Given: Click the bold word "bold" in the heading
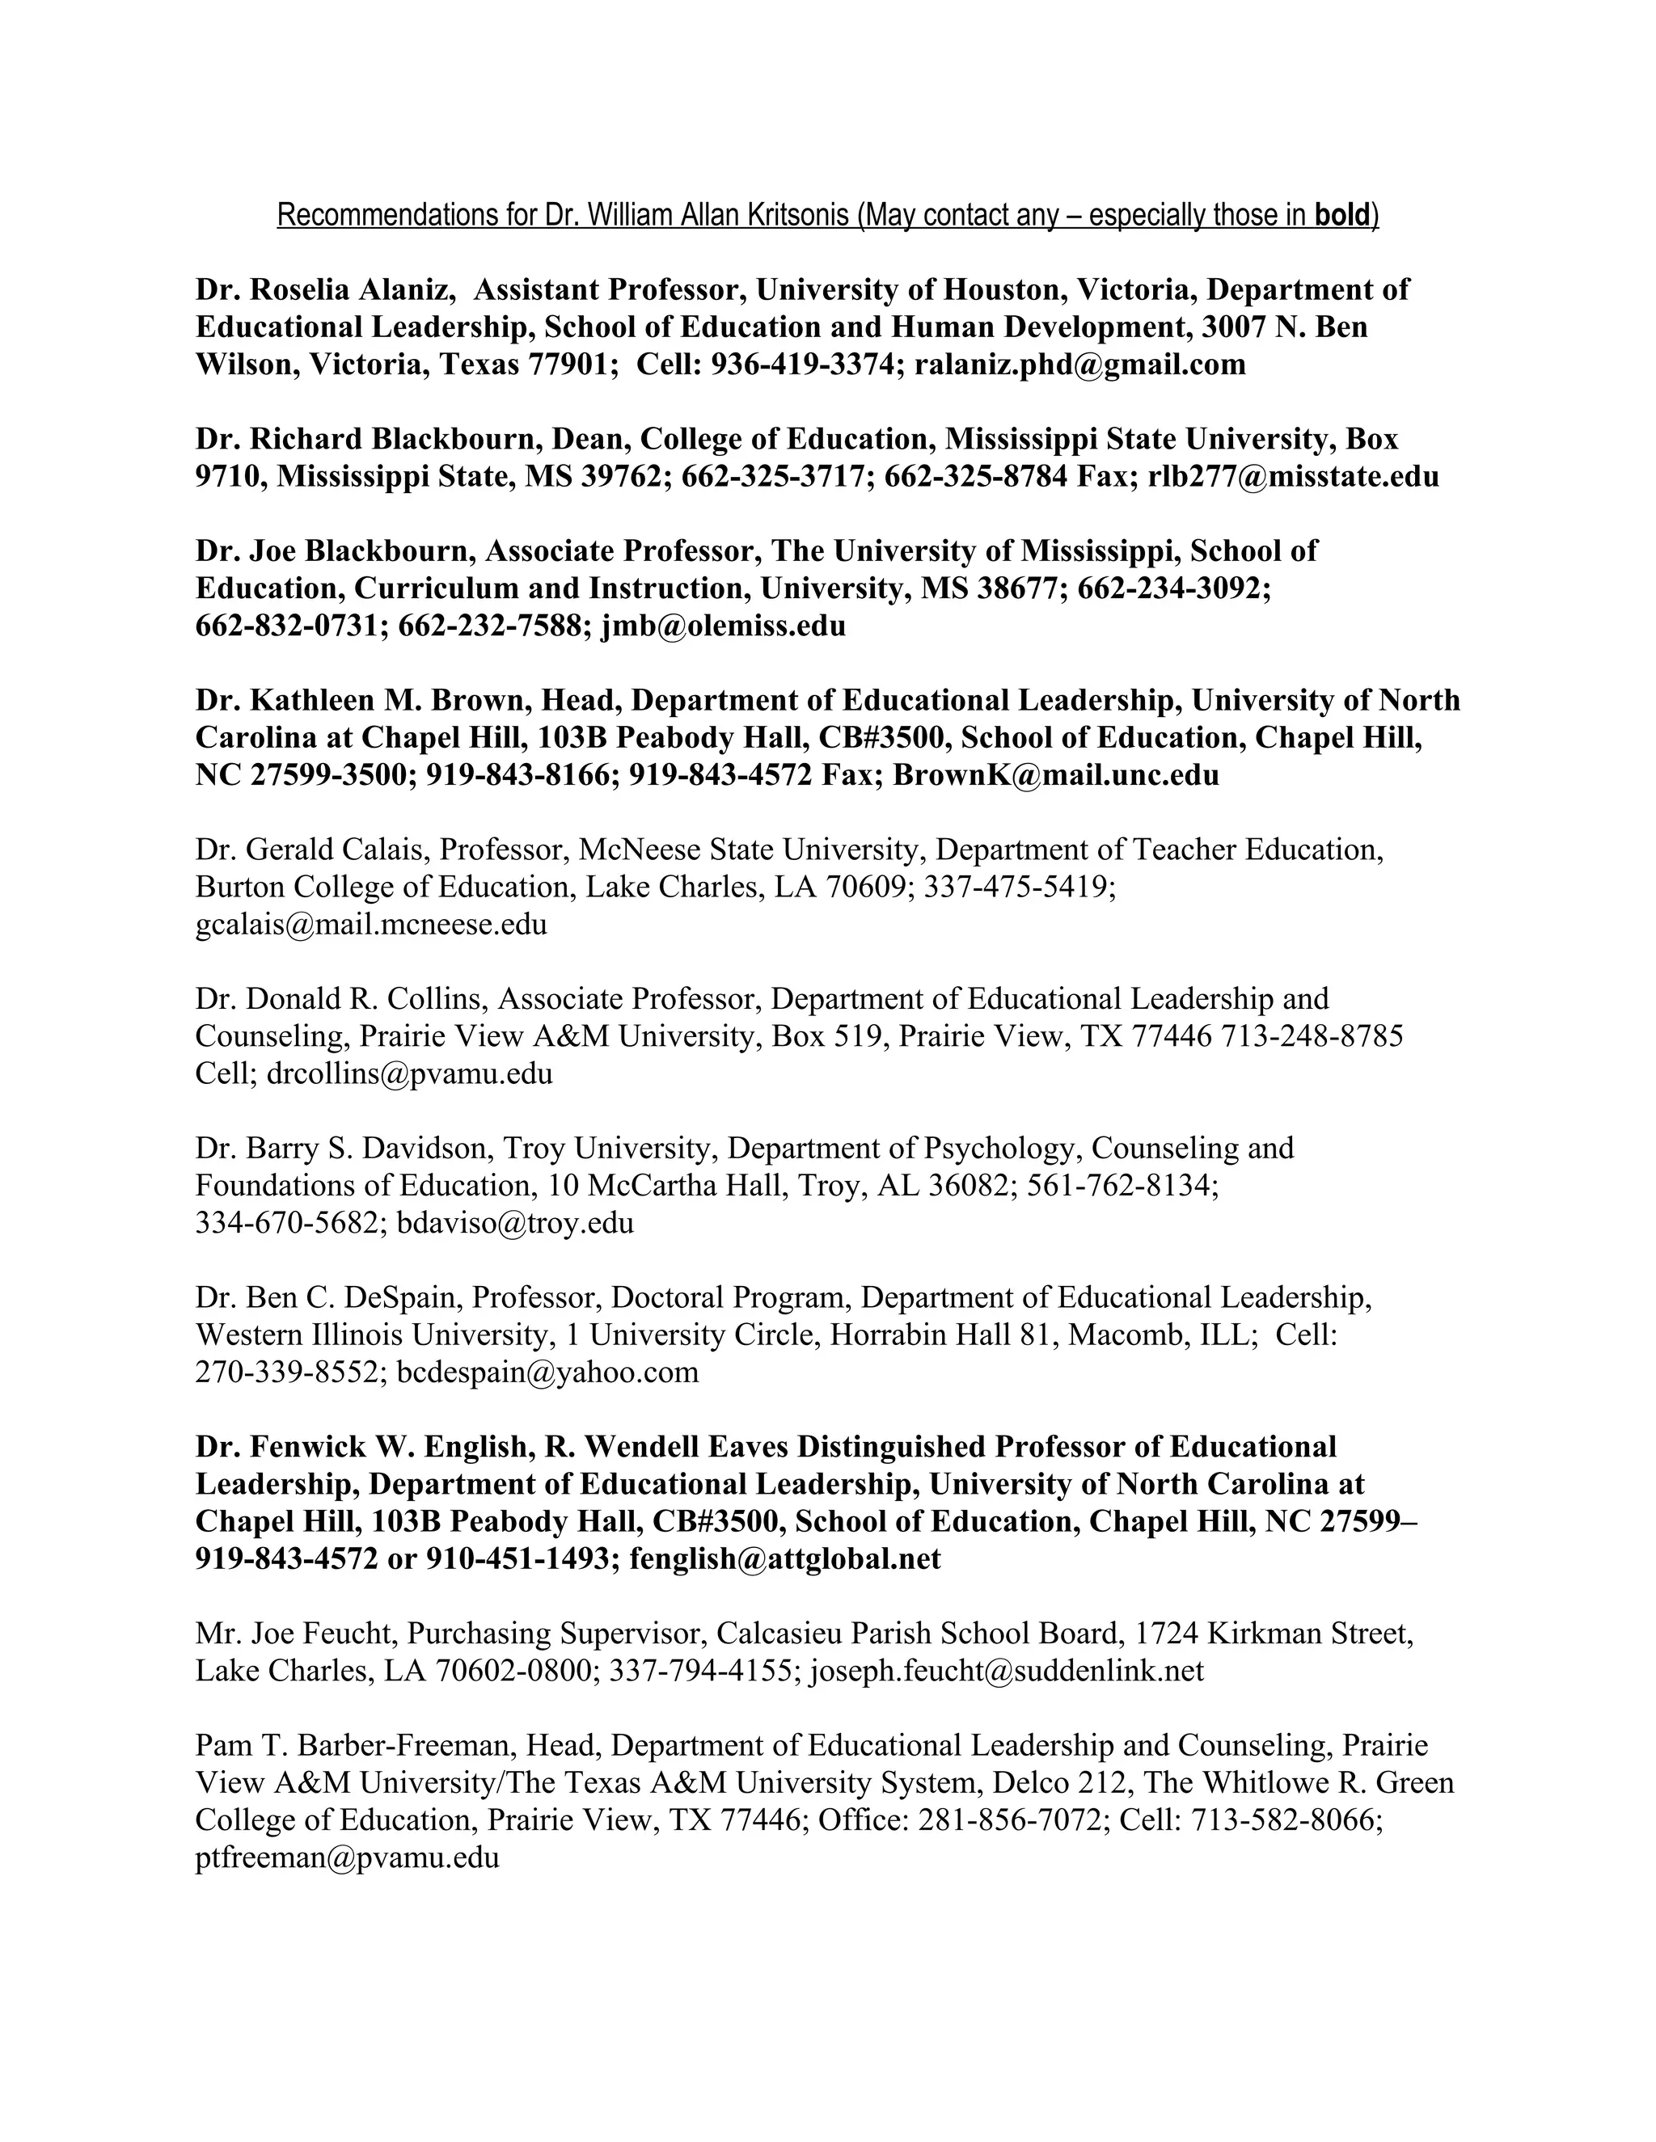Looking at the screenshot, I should point(1342,215).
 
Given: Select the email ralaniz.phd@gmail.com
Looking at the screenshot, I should point(1080,365).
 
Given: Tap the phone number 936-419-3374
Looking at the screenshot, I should point(804,365).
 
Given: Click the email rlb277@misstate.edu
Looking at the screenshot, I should point(1293,477).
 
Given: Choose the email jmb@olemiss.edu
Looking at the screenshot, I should point(723,626).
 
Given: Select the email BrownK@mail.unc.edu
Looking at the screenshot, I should point(1055,775).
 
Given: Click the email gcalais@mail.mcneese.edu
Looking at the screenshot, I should point(371,924).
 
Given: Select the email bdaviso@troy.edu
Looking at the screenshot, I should point(515,1223).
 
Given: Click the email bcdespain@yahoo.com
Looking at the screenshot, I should point(547,1372).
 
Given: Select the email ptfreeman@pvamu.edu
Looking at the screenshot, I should point(347,1857).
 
